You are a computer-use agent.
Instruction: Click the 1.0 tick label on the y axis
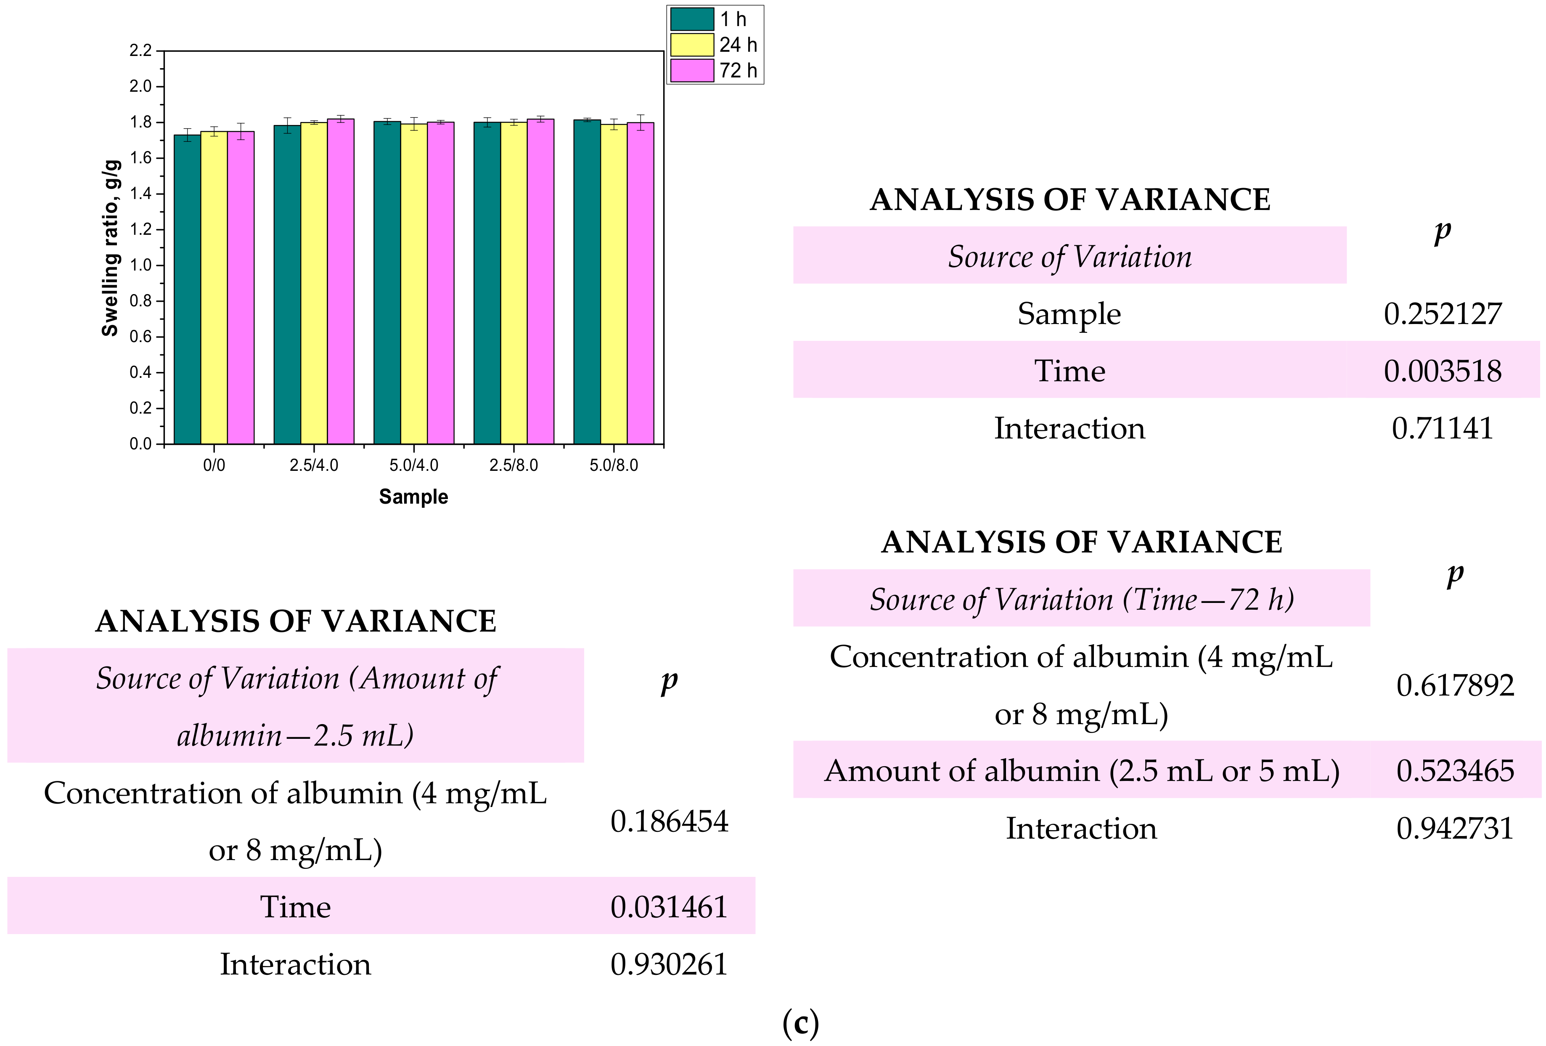tap(140, 265)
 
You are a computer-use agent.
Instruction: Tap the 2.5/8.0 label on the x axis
tap(514, 465)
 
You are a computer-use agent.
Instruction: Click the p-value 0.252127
tap(1442, 314)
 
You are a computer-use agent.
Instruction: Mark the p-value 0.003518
tap(1442, 371)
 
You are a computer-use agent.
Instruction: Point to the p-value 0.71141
tap(1442, 428)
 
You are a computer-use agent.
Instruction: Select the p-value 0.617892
tap(1455, 685)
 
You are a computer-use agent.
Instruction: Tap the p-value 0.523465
tap(1455, 770)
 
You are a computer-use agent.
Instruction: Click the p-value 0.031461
tap(669, 907)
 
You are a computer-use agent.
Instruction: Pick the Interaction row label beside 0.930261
tap(295, 964)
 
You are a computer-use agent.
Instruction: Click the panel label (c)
tap(800, 1023)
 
